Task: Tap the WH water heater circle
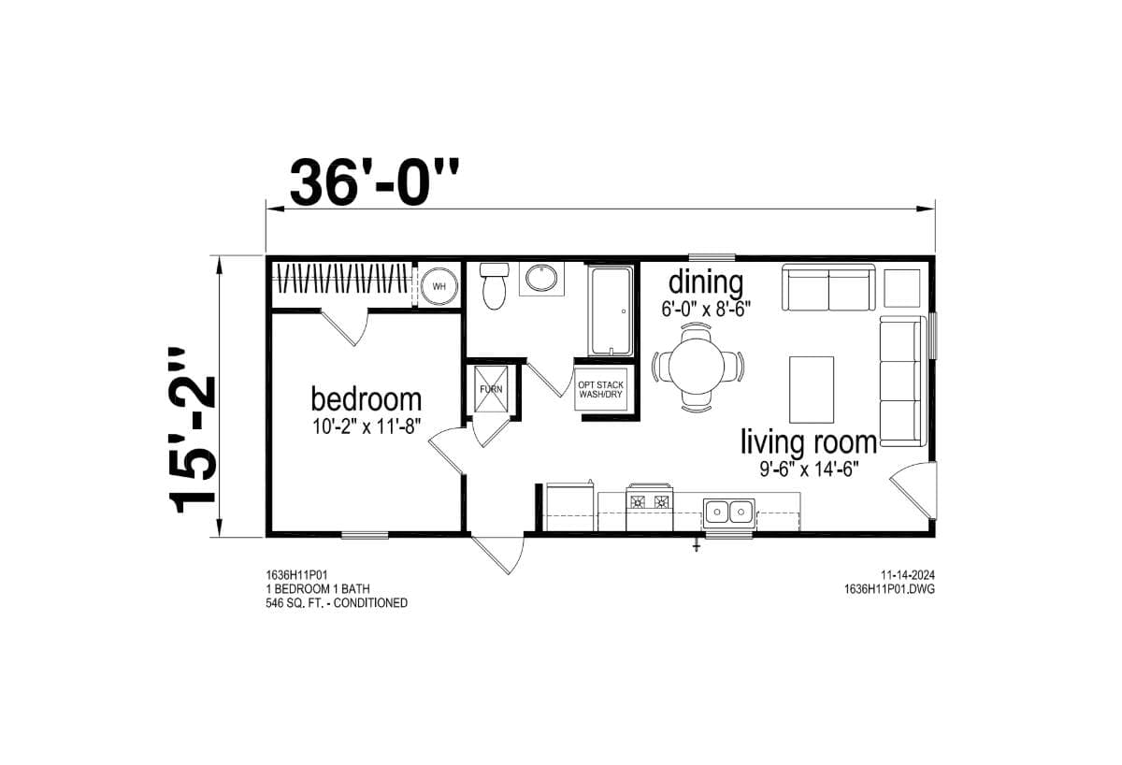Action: point(439,285)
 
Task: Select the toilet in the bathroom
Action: point(493,287)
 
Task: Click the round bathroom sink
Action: point(539,279)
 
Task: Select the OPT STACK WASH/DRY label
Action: point(600,389)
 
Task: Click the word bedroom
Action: point(366,399)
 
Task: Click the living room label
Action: point(809,441)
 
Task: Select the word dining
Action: point(705,281)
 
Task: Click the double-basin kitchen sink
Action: point(729,511)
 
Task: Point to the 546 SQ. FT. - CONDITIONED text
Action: point(337,603)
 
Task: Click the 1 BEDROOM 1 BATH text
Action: point(318,589)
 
